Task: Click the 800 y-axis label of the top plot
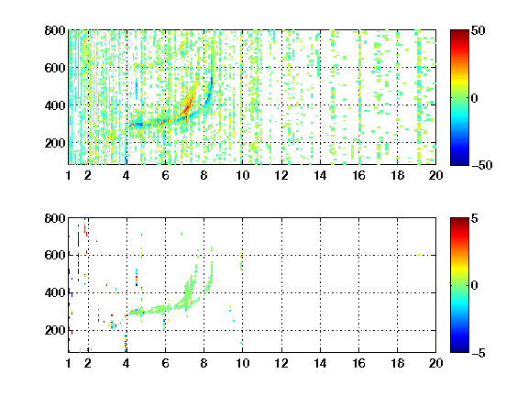pyautogui.click(x=55, y=30)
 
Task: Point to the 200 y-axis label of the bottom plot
pyautogui.click(x=55, y=330)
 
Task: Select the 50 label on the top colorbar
pyautogui.click(x=478, y=30)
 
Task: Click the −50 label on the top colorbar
pyautogui.click(x=481, y=165)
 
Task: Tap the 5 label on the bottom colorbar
pyautogui.click(x=475, y=218)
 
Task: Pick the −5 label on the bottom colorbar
pyautogui.click(x=478, y=353)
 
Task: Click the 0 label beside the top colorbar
pyautogui.click(x=474, y=98)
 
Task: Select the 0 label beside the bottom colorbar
pyautogui.click(x=474, y=286)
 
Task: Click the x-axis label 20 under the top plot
pyautogui.click(x=435, y=175)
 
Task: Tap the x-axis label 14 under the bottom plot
pyautogui.click(x=320, y=363)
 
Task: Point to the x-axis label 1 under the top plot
pyautogui.click(x=69, y=175)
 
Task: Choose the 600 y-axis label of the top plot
pyautogui.click(x=55, y=68)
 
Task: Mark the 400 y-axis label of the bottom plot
pyautogui.click(x=55, y=292)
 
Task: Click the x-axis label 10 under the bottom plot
pyautogui.click(x=242, y=363)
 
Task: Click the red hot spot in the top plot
pyautogui.click(x=187, y=106)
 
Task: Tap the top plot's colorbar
pyautogui.click(x=459, y=98)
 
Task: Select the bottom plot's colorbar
pyautogui.click(x=459, y=285)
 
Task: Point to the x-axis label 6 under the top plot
pyautogui.click(x=165, y=175)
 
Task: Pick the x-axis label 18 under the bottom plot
pyautogui.click(x=397, y=363)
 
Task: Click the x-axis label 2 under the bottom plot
pyautogui.click(x=88, y=363)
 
